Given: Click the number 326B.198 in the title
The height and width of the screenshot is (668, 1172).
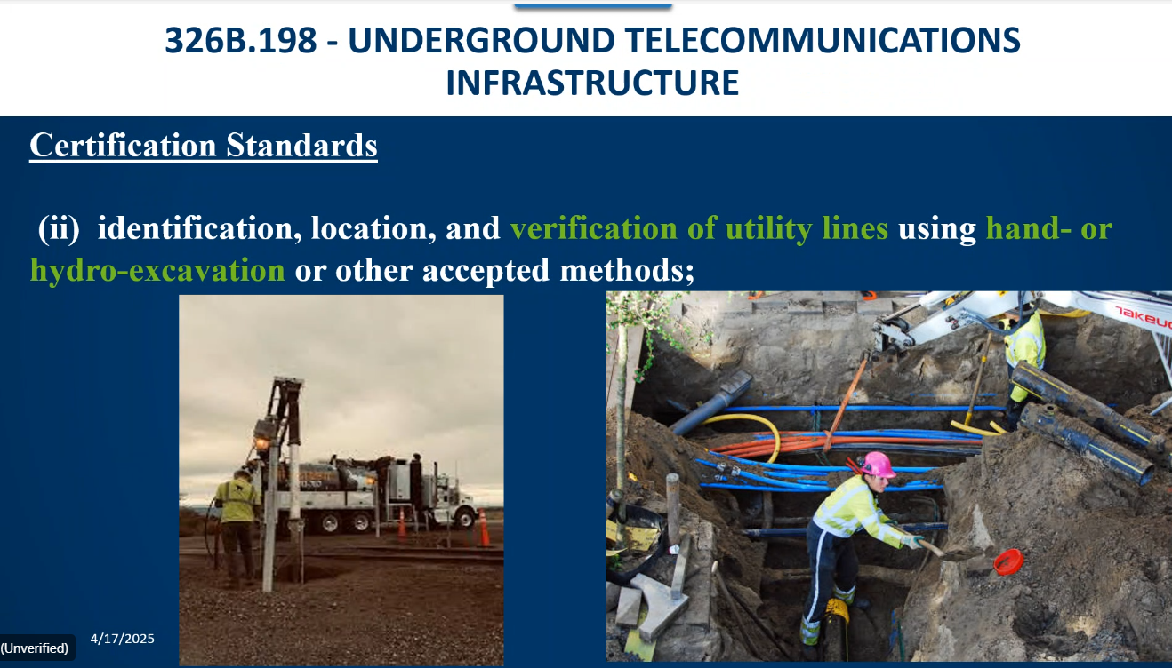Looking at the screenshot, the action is (241, 40).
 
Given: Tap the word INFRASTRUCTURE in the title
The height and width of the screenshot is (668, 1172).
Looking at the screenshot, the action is (592, 83).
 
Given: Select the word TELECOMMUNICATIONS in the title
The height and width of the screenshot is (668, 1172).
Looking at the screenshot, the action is (822, 40).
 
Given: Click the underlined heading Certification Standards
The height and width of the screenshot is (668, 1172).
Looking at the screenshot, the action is (204, 146).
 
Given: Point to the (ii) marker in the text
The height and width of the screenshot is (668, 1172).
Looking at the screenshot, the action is (59, 228).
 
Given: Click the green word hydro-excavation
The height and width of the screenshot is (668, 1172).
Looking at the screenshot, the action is (157, 270).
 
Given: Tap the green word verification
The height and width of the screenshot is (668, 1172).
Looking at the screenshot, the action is (593, 228).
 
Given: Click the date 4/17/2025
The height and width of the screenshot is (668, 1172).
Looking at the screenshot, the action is (123, 639).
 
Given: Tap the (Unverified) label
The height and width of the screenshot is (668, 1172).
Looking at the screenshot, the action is (35, 648).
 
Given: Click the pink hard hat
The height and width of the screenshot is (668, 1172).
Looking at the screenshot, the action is (878, 465).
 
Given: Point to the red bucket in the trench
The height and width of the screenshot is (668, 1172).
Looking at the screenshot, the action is (1008, 562).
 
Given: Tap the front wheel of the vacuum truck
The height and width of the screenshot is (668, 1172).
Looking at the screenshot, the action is (463, 518).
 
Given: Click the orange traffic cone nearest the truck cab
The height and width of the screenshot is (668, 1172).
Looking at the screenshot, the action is (484, 528).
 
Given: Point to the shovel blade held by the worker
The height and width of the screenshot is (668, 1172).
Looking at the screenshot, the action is (961, 555).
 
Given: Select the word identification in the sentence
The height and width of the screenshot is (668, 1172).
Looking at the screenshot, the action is (200, 228).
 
